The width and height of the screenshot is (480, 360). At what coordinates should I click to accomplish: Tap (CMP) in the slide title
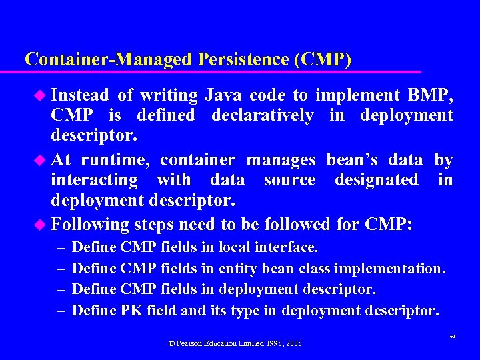(x=322, y=59)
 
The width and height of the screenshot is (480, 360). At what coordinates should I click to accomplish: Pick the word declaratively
(x=262, y=115)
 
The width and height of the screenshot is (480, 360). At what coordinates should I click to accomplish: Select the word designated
(x=376, y=180)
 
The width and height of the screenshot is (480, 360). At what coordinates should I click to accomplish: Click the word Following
(x=90, y=223)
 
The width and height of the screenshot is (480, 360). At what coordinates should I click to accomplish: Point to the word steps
(x=155, y=223)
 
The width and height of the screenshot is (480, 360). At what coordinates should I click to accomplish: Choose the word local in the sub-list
(x=235, y=247)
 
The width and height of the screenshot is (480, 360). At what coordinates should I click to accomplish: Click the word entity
(x=237, y=269)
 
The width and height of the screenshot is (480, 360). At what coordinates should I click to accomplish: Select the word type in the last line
(x=250, y=310)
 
